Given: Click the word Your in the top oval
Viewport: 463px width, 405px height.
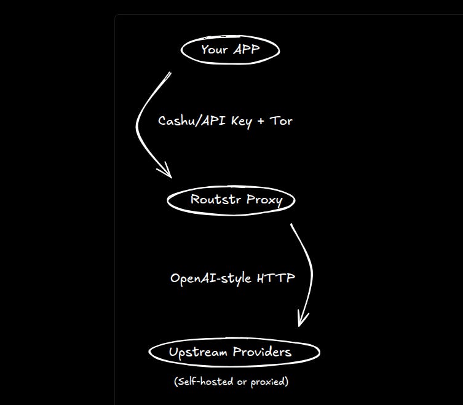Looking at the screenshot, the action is (x=215, y=50).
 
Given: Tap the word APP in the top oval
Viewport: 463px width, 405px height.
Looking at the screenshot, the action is (x=246, y=50).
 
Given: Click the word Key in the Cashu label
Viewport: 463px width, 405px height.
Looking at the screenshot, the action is (x=241, y=121).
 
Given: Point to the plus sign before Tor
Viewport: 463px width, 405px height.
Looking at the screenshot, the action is (x=261, y=121).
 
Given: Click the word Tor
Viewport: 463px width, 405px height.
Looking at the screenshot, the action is (x=281, y=121).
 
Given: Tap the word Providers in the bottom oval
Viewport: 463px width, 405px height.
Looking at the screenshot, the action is (x=262, y=352).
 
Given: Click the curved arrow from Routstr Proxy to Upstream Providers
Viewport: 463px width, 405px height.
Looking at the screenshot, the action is (x=310, y=264).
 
